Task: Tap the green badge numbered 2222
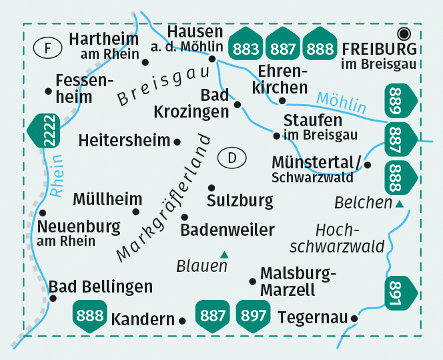pos(47,132)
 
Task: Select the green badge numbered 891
pos(402,293)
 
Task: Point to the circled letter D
pos(232,158)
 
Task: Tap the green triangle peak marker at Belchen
pos(399,204)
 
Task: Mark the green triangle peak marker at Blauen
pos(224,254)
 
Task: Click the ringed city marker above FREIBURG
pos(403,33)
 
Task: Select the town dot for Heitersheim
pos(177,142)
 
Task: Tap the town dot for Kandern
pos(182,321)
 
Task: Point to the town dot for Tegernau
pos(354,319)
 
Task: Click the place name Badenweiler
pos(228,230)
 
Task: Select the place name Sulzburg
pos(240,200)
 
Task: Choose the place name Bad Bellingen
pos(101,287)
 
